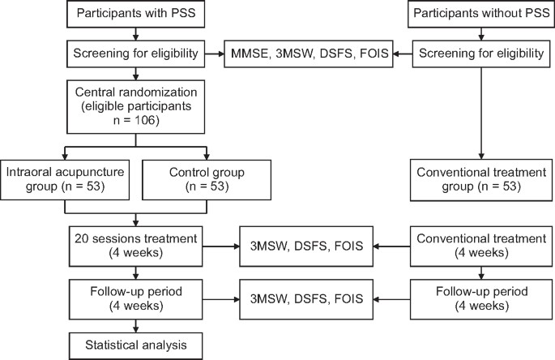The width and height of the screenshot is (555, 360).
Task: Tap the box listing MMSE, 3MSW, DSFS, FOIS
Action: coord(310,55)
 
